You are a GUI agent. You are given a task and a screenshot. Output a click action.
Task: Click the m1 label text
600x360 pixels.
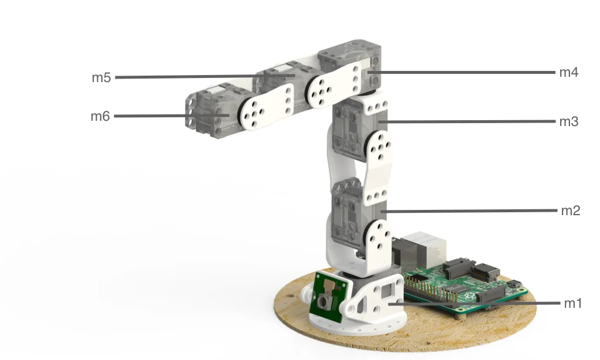click(573, 303)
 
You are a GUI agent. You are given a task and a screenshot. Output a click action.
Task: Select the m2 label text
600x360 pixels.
click(571, 210)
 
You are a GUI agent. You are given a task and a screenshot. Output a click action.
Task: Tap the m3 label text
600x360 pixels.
click(568, 121)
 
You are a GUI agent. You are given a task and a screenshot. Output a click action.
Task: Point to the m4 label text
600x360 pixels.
click(568, 72)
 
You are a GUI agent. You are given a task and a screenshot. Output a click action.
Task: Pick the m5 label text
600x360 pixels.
click(101, 77)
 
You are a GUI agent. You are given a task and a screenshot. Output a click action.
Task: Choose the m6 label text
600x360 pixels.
click(100, 116)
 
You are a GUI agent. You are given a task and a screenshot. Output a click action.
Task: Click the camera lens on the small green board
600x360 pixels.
click(324, 302)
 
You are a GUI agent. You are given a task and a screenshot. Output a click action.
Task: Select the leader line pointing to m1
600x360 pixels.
click(474, 303)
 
